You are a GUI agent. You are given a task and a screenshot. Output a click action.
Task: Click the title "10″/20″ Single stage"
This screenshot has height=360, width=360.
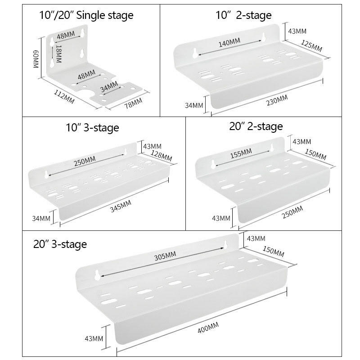click(x=86, y=15)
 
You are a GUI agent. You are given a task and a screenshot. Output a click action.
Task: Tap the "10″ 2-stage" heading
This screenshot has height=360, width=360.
click(x=243, y=15)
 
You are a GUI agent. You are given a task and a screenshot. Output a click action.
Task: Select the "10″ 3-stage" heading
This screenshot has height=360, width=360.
click(x=92, y=128)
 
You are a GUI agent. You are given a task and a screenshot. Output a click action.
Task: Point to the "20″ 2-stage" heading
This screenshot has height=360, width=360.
click(x=256, y=126)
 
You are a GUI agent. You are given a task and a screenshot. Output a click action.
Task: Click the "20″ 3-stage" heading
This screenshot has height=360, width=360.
click(x=60, y=244)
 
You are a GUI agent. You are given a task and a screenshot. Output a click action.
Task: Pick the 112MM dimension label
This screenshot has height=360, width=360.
click(x=64, y=97)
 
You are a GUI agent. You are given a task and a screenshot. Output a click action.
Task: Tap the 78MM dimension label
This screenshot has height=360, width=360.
click(x=133, y=103)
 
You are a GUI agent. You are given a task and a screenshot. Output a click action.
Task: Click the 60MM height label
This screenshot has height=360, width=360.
click(x=36, y=59)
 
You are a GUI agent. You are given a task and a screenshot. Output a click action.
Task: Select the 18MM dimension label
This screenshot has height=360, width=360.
click(x=59, y=54)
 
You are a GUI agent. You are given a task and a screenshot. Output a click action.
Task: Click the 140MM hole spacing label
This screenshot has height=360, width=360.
click(x=229, y=42)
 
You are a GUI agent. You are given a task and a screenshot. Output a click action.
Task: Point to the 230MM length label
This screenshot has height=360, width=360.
click(x=277, y=100)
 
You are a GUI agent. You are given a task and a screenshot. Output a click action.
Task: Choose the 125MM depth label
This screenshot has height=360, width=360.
click(x=311, y=46)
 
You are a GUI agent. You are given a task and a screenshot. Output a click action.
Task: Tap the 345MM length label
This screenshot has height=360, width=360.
click(x=121, y=206)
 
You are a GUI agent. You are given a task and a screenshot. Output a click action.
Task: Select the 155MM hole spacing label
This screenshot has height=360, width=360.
click(x=241, y=153)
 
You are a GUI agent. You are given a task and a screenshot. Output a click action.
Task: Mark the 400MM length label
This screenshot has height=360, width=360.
click(x=208, y=327)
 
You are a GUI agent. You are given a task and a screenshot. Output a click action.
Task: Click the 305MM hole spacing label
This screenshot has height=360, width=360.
click(x=165, y=256)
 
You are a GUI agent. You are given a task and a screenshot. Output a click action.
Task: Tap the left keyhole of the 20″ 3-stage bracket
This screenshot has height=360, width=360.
click(x=97, y=275)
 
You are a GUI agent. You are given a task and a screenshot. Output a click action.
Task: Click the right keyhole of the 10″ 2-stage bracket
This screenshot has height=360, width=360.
click(x=264, y=37)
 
